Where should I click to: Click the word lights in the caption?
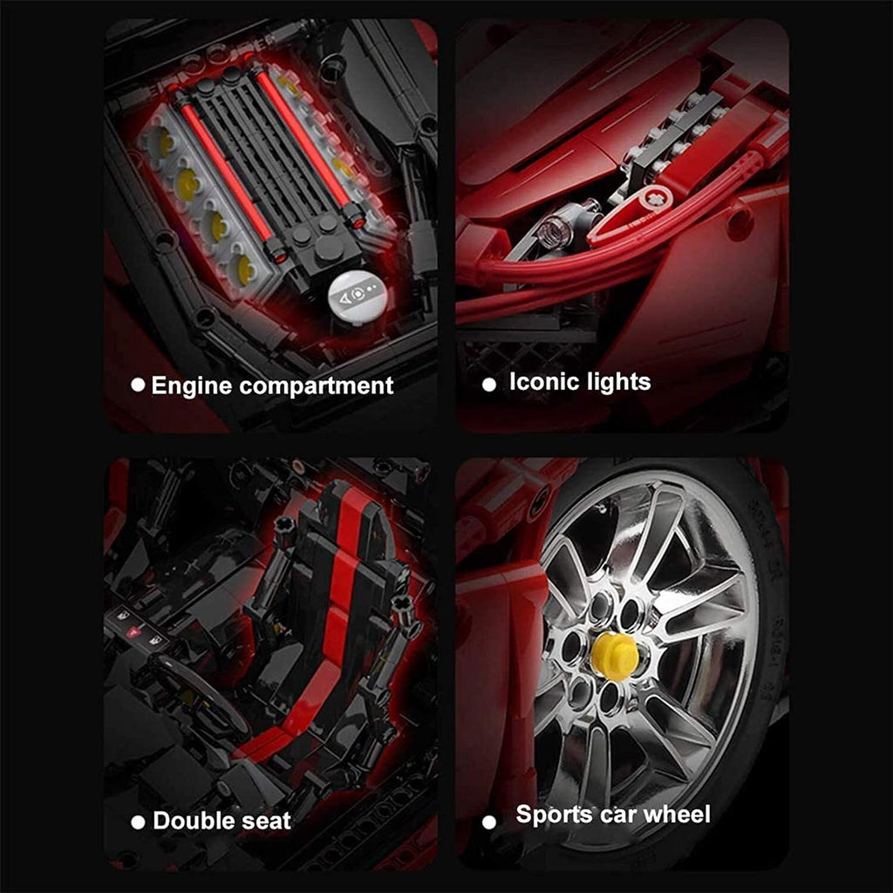(615, 383)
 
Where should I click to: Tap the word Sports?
(552, 815)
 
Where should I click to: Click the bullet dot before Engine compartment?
(138, 385)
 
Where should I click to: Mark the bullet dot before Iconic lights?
(489, 385)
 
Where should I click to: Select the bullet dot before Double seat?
(138, 822)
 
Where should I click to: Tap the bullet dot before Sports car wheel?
(489, 822)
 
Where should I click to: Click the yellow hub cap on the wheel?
(614, 657)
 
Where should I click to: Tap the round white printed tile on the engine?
(358, 297)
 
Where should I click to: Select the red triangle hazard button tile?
(133, 631)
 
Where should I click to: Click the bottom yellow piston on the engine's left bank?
(245, 270)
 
